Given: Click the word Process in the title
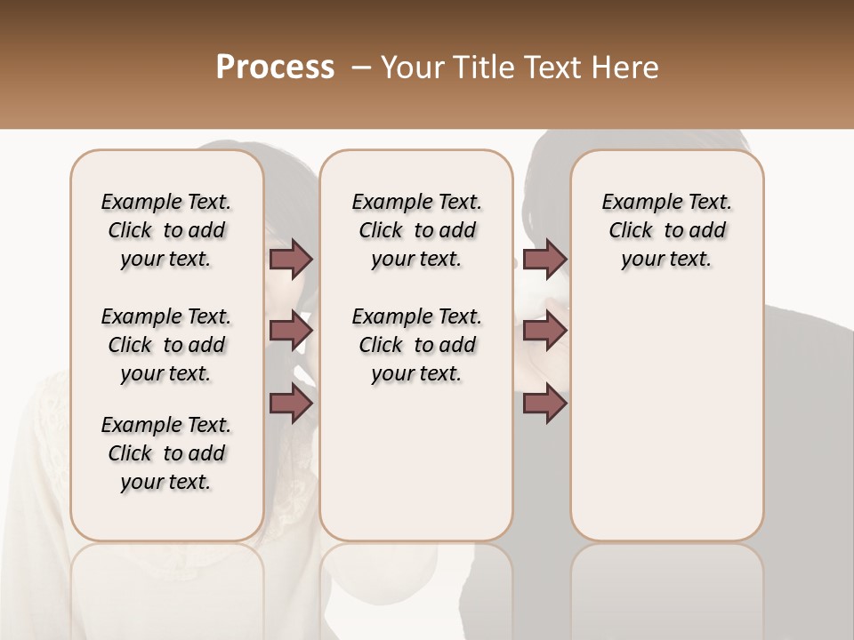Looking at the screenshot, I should point(275,68).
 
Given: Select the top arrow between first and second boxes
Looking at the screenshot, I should point(290,259).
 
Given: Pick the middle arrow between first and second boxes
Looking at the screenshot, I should point(290,332).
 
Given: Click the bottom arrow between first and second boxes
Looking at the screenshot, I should point(290,404).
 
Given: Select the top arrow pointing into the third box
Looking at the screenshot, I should point(544,259).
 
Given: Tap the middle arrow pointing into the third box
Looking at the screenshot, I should point(544,332).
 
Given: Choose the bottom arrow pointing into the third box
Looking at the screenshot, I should point(544,404).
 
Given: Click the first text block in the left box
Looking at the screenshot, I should point(166,230).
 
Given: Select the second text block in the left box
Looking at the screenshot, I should point(166,345).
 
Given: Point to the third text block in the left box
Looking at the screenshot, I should point(166,453).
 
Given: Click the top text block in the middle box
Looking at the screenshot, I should point(416,230).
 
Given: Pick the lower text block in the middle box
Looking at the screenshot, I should point(416,345).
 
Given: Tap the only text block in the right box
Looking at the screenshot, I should point(666,230).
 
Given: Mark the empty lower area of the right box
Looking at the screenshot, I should point(666,409).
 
